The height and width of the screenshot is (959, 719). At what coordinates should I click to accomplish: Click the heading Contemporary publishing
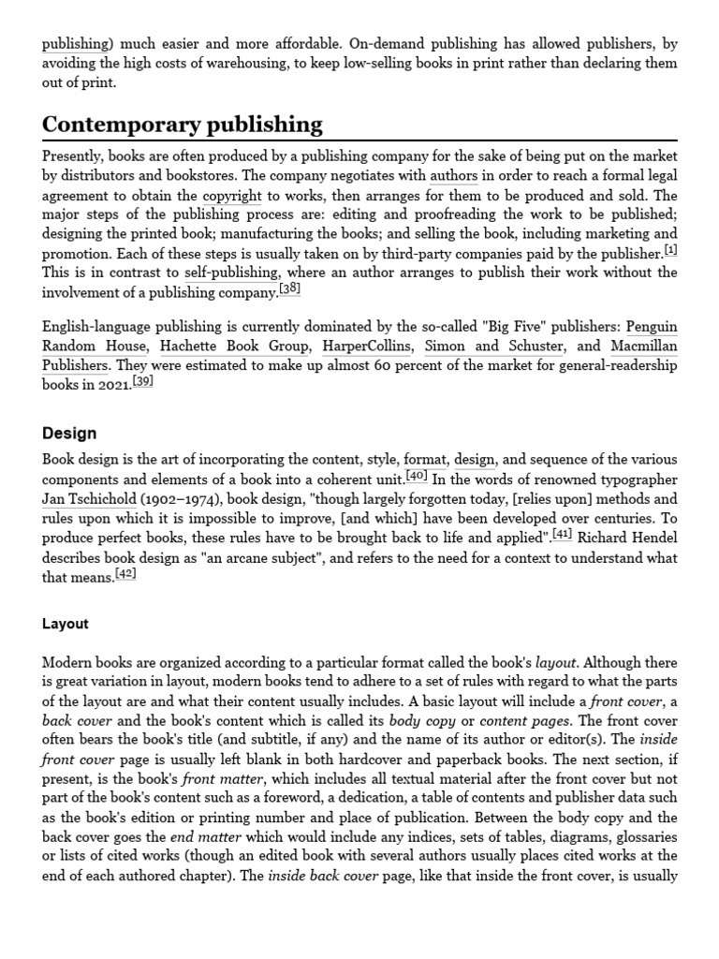click(x=183, y=125)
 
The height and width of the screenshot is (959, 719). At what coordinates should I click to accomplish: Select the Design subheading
click(x=69, y=434)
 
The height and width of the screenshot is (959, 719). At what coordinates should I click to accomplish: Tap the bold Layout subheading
click(x=66, y=624)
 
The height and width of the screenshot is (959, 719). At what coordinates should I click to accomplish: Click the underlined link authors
click(x=453, y=176)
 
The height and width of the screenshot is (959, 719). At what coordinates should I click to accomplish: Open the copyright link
click(x=232, y=197)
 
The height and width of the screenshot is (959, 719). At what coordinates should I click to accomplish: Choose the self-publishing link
click(x=231, y=273)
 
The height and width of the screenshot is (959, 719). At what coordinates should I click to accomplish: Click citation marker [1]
click(x=670, y=250)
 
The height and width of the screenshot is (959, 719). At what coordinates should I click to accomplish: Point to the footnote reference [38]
click(x=290, y=289)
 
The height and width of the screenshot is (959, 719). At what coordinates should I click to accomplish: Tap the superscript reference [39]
click(x=142, y=382)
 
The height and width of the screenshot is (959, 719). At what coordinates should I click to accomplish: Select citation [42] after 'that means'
click(x=125, y=574)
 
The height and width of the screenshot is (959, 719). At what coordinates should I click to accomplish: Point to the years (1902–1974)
click(x=183, y=499)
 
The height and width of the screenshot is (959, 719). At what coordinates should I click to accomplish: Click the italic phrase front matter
click(x=213, y=779)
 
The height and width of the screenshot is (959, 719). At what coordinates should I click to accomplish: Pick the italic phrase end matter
click(x=195, y=837)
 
